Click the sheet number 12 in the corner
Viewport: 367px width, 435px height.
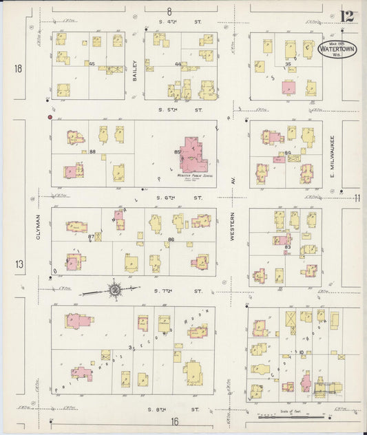[x=348, y=16]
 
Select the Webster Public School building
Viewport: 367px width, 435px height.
[x=189, y=161]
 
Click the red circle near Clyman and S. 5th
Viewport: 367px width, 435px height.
[x=50, y=118]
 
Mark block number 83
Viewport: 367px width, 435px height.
[x=287, y=246]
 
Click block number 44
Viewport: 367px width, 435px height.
[x=177, y=64]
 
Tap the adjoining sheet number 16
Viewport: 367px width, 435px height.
[x=176, y=421]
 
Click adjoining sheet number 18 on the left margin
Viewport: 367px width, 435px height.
[x=18, y=68]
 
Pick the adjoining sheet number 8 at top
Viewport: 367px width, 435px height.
[x=169, y=11]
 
